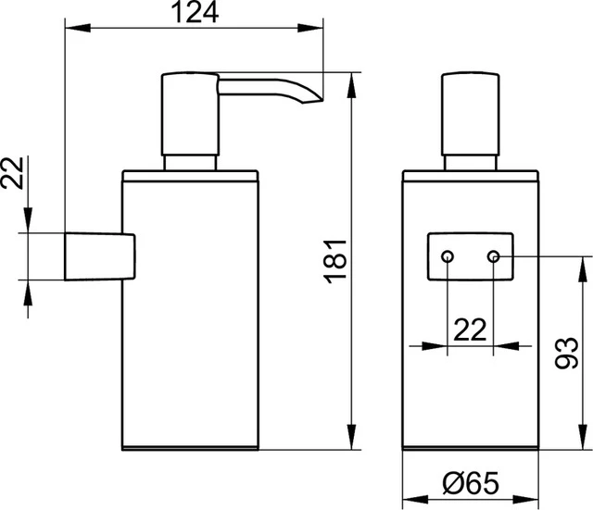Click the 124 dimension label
pyautogui.click(x=193, y=13)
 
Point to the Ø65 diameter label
pyautogui.click(x=471, y=481)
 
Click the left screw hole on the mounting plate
pyautogui.click(x=448, y=255)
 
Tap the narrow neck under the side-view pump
pyautogui.click(x=191, y=164)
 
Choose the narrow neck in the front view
pyautogui.click(x=471, y=164)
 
